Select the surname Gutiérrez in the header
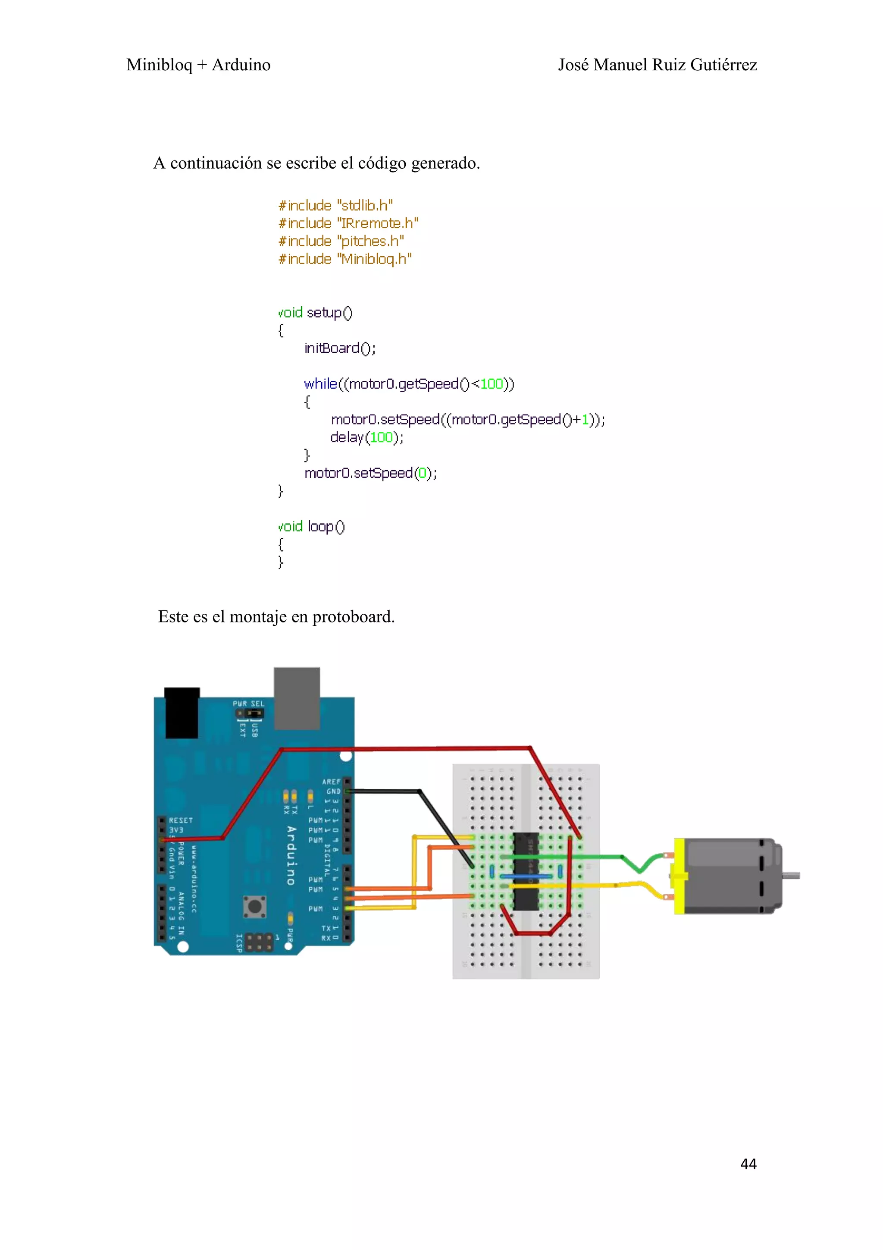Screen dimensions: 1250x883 (x=723, y=65)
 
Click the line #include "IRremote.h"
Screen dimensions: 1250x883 (x=348, y=223)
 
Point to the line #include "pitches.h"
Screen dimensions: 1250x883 (x=341, y=241)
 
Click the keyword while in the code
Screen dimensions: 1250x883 (x=320, y=384)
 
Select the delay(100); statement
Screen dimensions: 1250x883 (x=366, y=437)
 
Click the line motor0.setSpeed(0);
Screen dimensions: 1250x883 (x=370, y=473)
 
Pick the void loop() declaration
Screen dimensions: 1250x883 (x=311, y=527)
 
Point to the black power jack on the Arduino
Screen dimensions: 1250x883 (x=182, y=713)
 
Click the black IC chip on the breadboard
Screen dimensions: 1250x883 (x=526, y=871)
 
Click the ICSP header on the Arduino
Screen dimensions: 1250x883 (x=259, y=942)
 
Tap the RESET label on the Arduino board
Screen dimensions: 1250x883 (x=181, y=820)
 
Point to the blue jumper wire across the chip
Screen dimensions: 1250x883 (x=526, y=876)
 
